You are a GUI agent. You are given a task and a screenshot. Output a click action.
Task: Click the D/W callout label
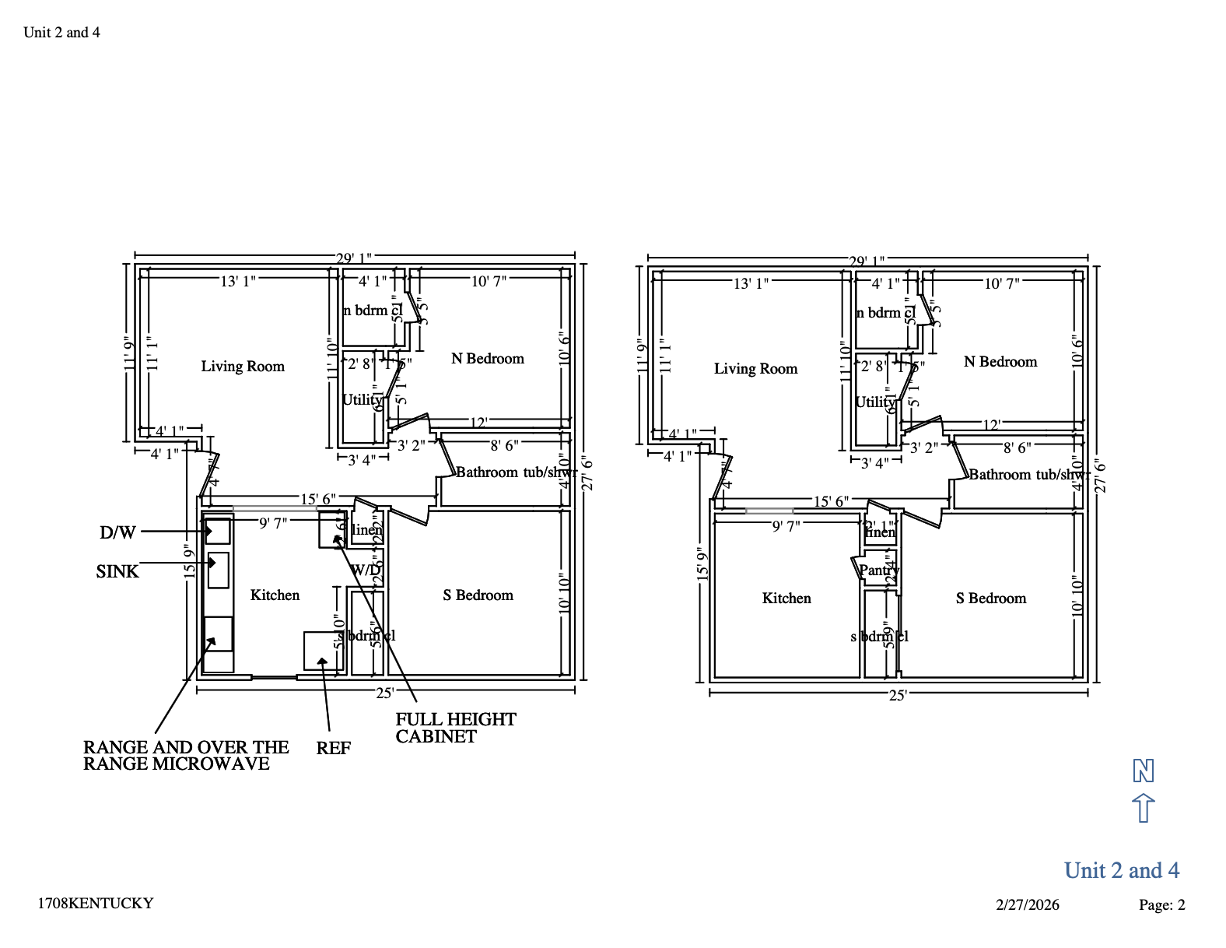coord(117,533)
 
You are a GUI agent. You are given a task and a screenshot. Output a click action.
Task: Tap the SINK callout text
coord(117,572)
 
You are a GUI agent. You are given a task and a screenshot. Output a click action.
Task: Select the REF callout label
coord(333,749)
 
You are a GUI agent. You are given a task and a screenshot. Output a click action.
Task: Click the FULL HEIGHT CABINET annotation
coord(455,728)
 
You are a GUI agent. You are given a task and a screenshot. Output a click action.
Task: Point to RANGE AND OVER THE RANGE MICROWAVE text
coord(185,756)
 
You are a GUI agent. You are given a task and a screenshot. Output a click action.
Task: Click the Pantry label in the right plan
coord(878,571)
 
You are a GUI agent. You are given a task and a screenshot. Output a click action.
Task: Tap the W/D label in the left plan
coord(365,570)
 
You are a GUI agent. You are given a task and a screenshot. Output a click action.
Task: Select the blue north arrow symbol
coord(1143,808)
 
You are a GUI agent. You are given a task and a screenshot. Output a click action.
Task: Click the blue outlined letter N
coord(1143,771)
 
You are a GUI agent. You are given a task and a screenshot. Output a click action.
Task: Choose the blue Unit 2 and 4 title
coord(1121,870)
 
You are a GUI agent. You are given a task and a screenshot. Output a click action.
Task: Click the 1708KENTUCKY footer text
coord(95,904)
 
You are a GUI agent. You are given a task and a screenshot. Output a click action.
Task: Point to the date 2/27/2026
coord(1027,904)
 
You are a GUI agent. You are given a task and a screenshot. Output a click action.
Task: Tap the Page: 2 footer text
coord(1161,904)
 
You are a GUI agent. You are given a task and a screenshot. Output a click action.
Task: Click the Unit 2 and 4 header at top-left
coord(61,33)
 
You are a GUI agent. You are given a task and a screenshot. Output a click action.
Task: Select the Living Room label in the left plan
coord(243,367)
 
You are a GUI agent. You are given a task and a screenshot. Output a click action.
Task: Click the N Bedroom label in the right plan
coord(1000,362)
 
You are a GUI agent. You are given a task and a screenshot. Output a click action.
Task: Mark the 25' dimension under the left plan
coord(384,693)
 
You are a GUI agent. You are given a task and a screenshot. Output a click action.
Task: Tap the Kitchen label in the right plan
coord(786,599)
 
